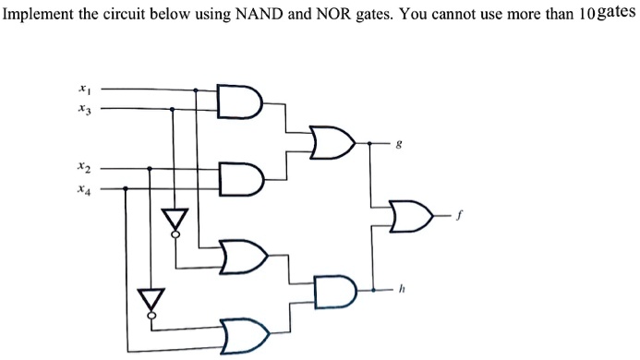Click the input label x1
85,90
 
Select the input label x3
85,110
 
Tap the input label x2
85,169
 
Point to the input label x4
85,188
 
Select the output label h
400,290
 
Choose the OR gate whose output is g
332,143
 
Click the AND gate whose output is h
333,290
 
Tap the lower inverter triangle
150,300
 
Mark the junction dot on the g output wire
371,144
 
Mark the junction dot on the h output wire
371,290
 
